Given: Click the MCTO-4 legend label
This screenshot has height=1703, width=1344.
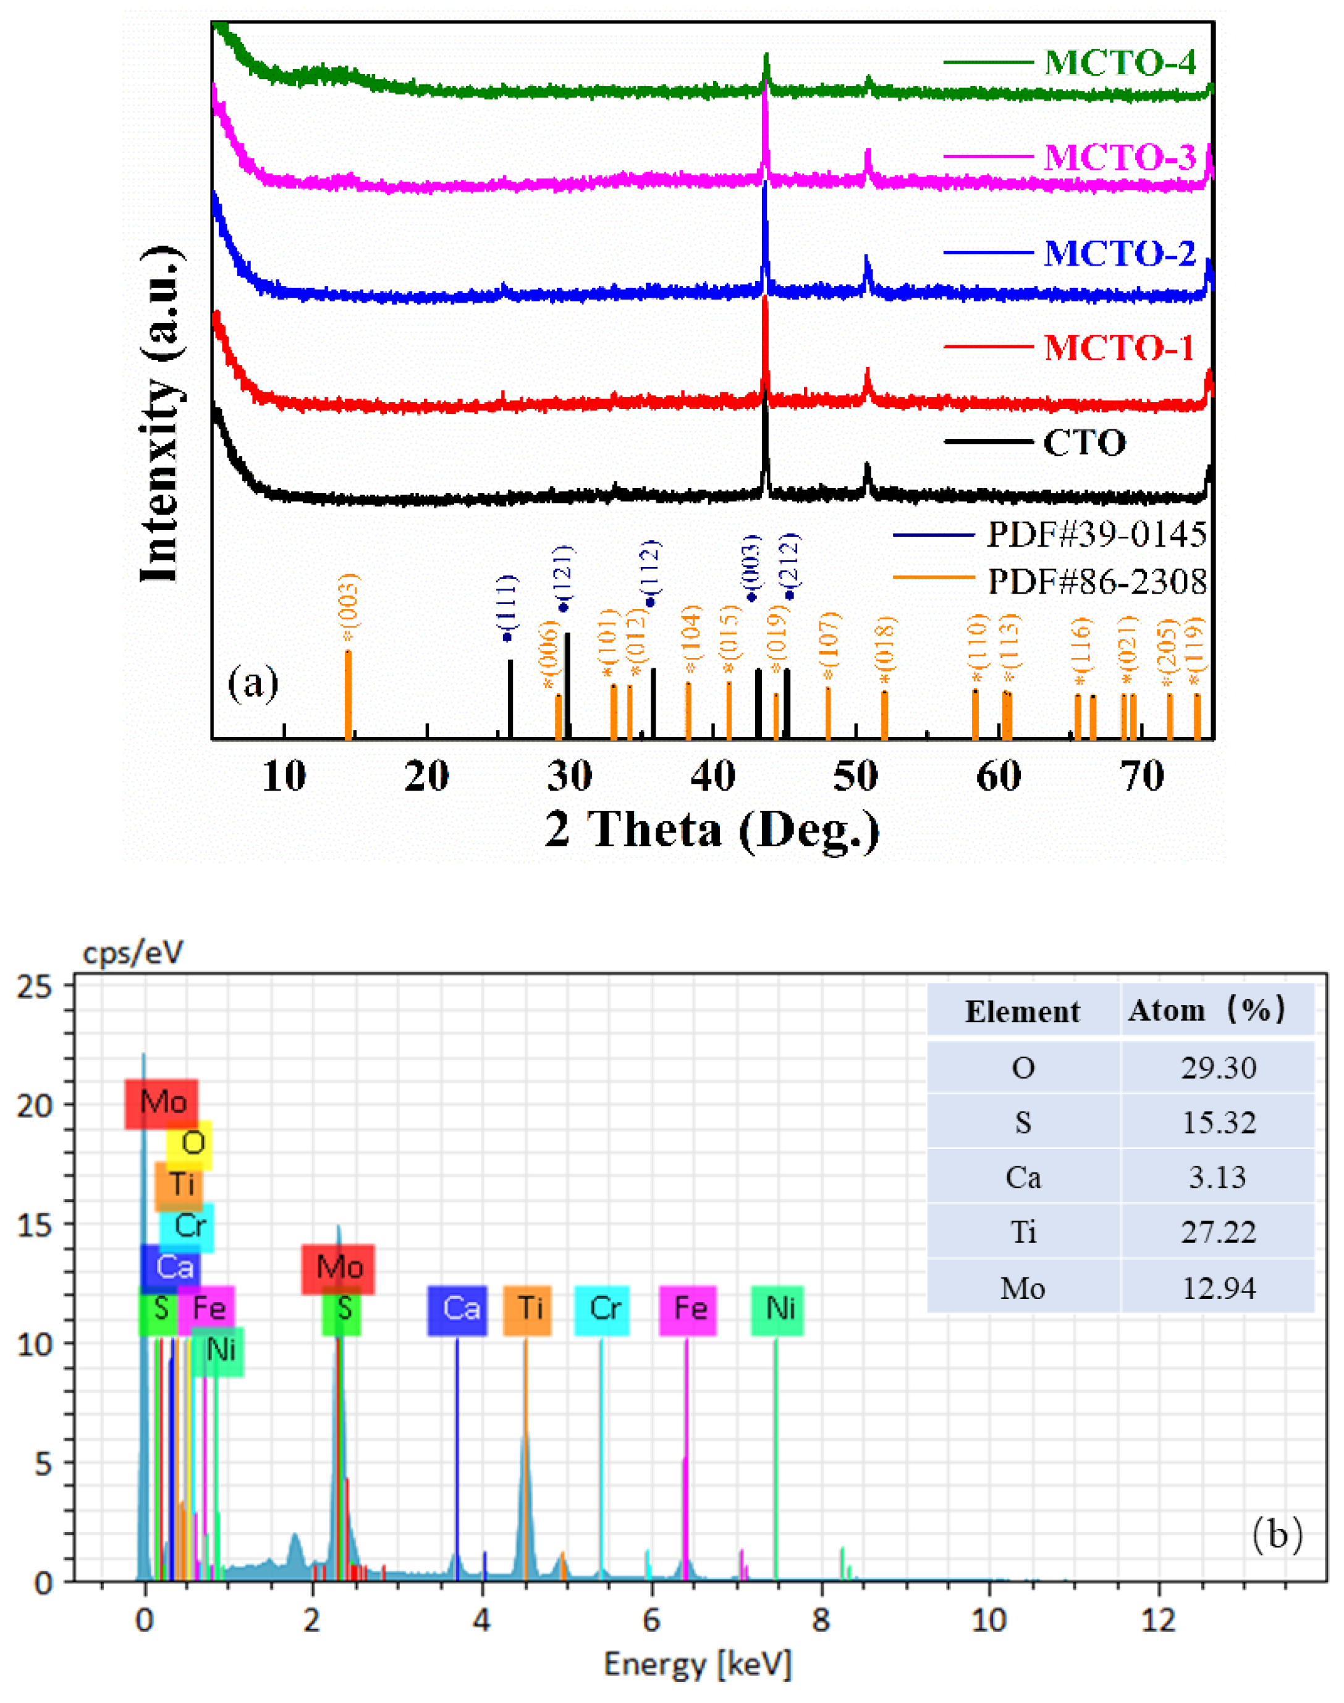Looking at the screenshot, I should (1119, 62).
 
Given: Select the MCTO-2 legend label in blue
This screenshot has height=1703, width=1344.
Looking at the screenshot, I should (1119, 253).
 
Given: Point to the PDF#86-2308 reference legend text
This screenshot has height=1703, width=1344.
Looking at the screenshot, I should (1096, 582).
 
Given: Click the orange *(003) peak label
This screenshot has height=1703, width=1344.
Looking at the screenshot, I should (349, 609).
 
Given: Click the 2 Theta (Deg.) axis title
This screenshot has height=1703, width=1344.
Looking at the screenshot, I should (711, 830).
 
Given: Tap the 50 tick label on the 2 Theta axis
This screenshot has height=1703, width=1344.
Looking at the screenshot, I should (855, 777).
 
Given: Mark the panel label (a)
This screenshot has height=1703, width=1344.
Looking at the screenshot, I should (253, 683).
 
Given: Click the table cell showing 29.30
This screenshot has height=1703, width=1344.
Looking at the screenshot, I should (1217, 1067).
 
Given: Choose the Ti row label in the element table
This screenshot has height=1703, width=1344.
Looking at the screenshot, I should (1022, 1231).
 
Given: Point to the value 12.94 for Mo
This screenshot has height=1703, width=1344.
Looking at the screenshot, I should (1217, 1288).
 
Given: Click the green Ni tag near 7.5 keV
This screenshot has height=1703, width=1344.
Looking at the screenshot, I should (777, 1308).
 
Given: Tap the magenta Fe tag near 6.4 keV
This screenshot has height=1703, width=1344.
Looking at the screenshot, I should (688, 1308).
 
